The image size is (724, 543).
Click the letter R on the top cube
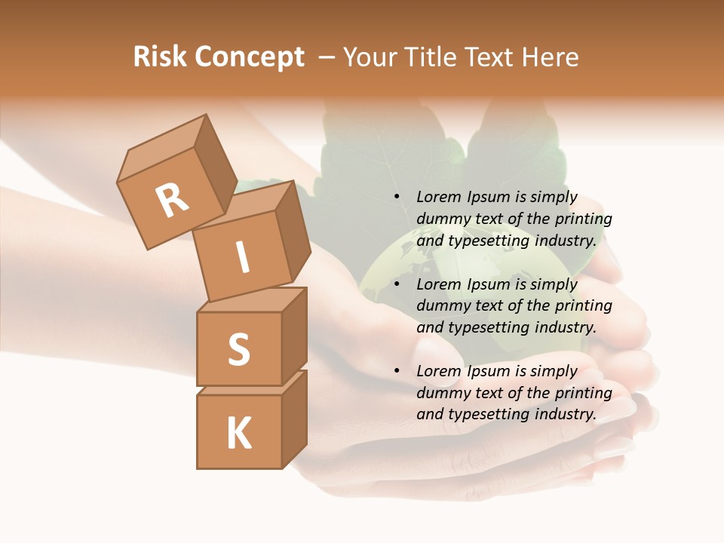172,201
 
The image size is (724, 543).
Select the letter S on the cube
239,349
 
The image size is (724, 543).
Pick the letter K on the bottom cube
239,433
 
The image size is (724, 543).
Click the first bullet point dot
397,198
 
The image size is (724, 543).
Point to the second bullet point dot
397,285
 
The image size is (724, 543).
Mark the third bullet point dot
397,372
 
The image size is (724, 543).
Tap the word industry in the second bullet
566,327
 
